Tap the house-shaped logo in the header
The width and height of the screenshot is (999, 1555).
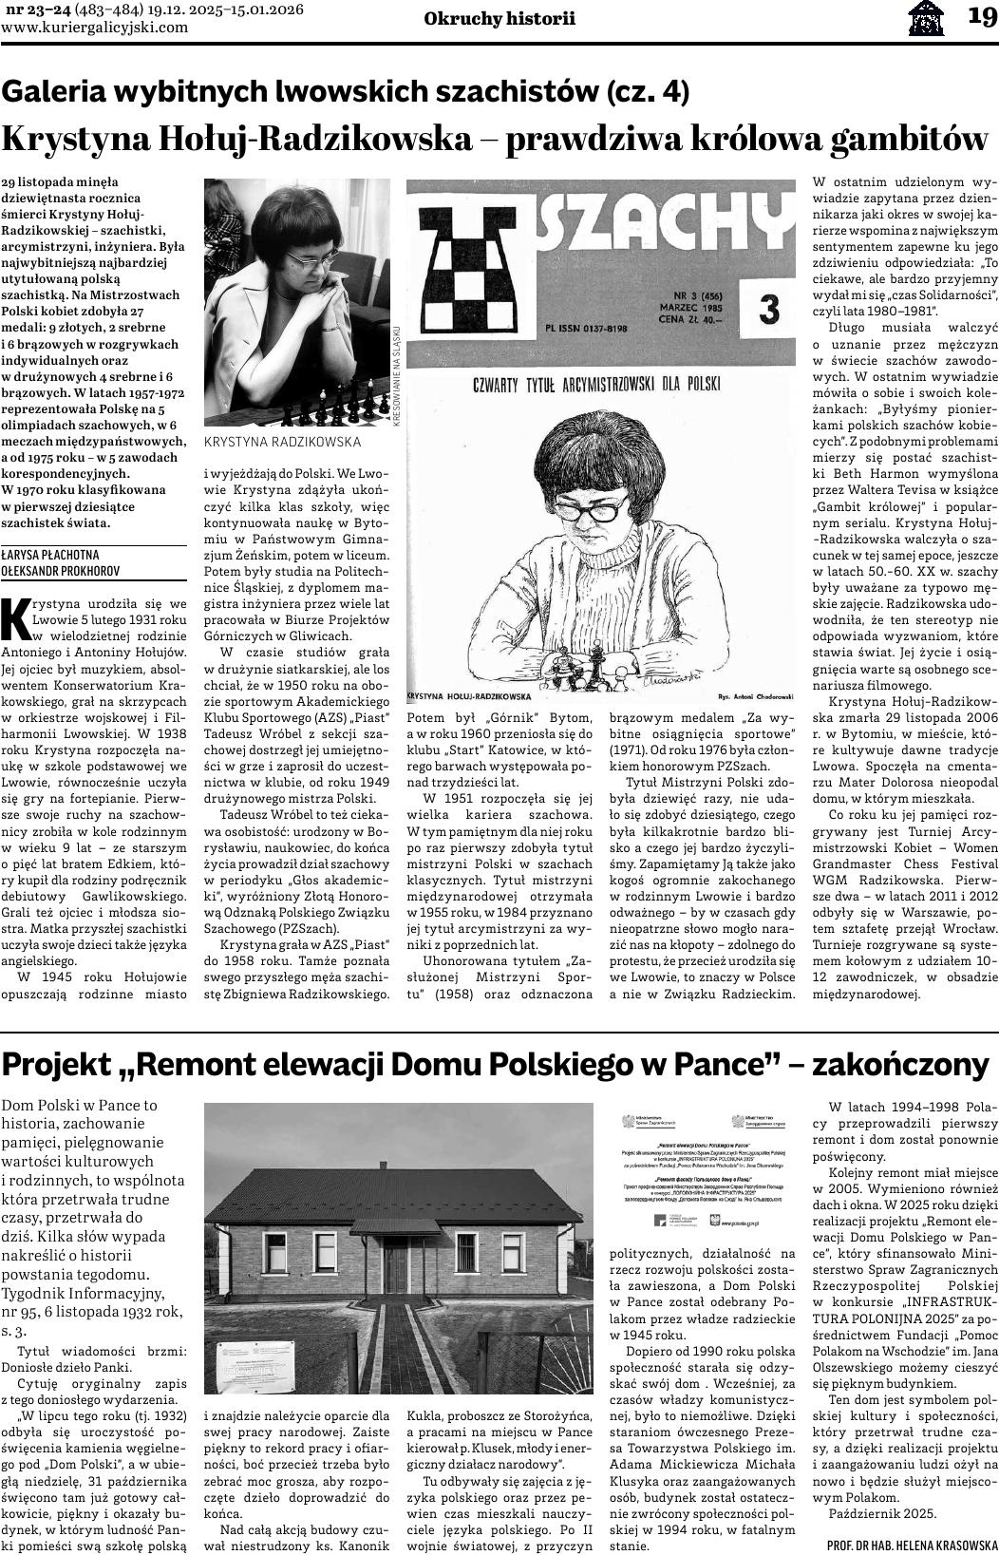click(x=926, y=17)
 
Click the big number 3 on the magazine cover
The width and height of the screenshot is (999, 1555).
click(x=769, y=311)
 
